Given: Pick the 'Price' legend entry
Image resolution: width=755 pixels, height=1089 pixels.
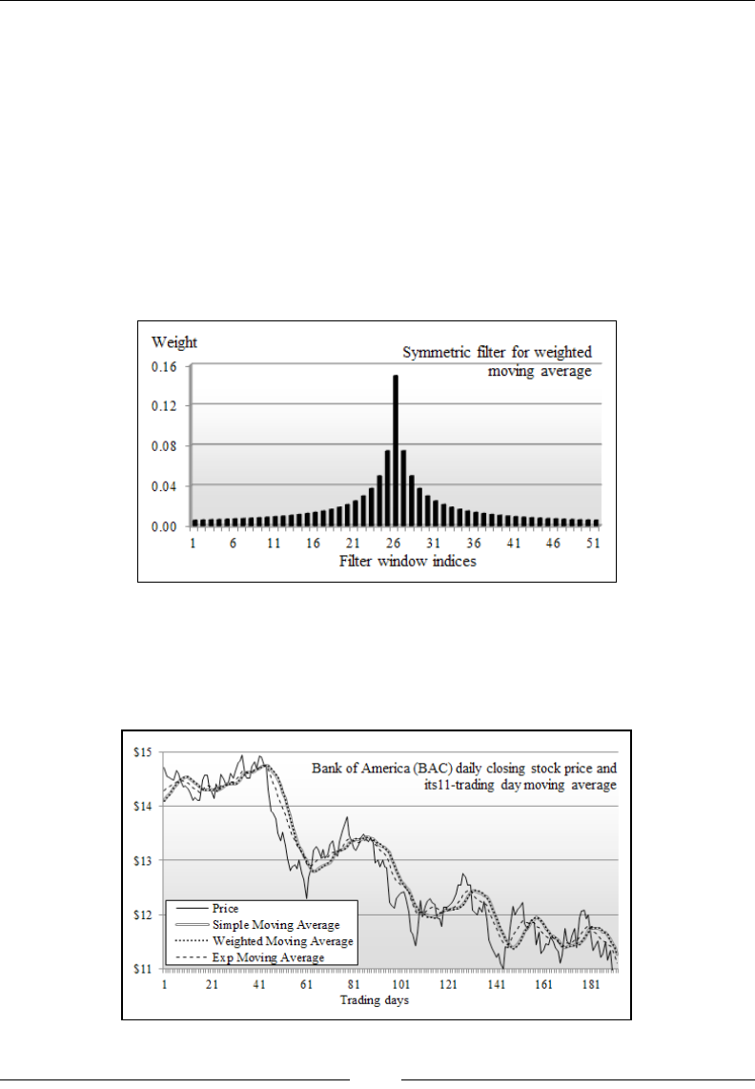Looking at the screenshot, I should (226, 909).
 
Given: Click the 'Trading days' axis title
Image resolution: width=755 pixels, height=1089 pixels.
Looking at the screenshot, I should (376, 1001).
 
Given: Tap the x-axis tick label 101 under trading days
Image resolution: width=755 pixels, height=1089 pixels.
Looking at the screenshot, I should (400, 984).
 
